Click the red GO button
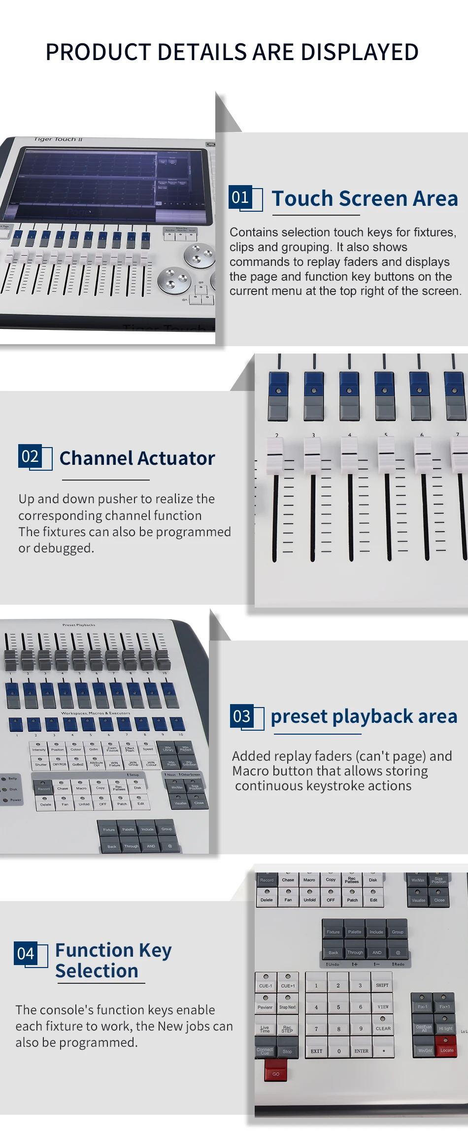(275, 1074)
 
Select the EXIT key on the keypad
(316, 1050)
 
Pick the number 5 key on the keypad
(338, 1007)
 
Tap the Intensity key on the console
(38, 749)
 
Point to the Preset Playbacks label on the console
(79, 625)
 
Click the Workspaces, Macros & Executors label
(96, 712)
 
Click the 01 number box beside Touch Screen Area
(240, 197)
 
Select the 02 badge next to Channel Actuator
(30, 456)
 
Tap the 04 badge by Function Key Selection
(26, 953)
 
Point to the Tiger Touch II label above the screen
(58, 139)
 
